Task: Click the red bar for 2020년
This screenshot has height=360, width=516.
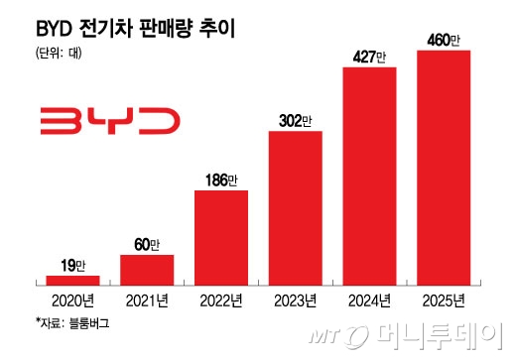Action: click(x=71, y=281)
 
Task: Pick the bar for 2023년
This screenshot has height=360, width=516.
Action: click(x=295, y=208)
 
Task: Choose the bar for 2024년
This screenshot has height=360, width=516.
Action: click(x=369, y=177)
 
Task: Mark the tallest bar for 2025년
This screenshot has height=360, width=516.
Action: click(x=443, y=168)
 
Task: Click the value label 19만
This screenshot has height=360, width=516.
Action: click(x=71, y=266)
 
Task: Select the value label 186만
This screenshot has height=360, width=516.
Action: click(x=220, y=180)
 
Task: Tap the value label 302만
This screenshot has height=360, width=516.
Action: click(x=295, y=121)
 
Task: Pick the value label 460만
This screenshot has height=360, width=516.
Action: click(x=443, y=41)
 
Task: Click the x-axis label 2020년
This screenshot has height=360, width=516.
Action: click(x=71, y=300)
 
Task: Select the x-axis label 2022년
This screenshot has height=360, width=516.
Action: click(x=220, y=300)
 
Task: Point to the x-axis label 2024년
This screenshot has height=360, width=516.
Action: click(x=369, y=300)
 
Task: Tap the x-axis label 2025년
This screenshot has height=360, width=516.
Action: click(x=443, y=300)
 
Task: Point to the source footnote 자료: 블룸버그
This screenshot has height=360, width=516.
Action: click(x=64, y=323)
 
